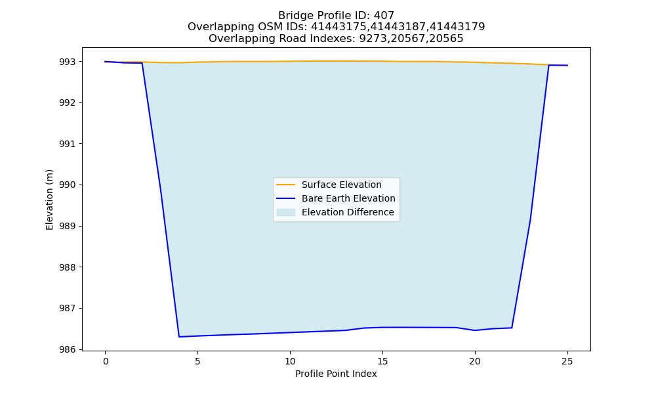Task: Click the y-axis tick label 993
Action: point(68,62)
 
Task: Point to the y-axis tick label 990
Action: point(68,185)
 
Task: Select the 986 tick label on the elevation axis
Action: point(68,349)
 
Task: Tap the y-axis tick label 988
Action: point(68,267)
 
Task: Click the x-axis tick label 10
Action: point(290,361)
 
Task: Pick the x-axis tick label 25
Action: point(567,361)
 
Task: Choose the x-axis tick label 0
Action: point(106,361)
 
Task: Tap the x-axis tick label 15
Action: point(382,361)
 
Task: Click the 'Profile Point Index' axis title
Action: point(336,374)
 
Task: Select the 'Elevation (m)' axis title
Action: point(49,200)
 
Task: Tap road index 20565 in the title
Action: point(447,39)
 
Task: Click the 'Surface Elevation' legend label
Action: point(341,185)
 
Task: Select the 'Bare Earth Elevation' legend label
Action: point(348,198)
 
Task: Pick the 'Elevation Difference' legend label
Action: point(348,212)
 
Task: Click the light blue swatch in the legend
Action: point(286,212)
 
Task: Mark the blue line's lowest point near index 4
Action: point(179,337)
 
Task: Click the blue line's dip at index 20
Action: point(475,330)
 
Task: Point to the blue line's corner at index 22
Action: point(512,328)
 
